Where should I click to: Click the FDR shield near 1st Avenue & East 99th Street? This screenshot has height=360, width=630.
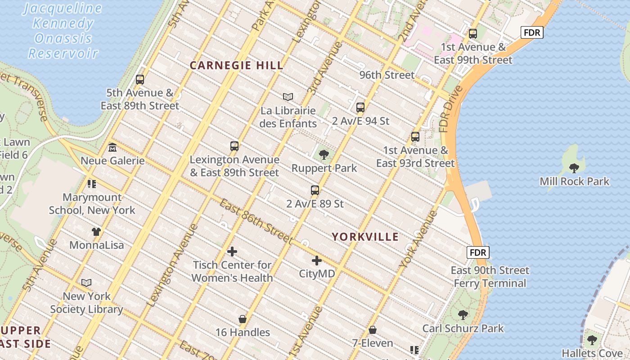tap(532, 32)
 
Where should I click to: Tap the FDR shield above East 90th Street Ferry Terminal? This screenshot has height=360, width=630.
tap(478, 252)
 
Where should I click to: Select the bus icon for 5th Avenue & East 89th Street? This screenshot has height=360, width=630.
tap(140, 80)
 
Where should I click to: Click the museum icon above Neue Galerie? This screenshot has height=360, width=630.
tap(112, 147)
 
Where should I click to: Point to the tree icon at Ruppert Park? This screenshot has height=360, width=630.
tap(324, 155)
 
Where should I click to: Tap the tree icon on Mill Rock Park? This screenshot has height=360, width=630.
tap(574, 168)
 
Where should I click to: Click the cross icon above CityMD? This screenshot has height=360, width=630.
tap(317, 260)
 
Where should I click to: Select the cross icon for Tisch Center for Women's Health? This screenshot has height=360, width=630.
tap(232, 252)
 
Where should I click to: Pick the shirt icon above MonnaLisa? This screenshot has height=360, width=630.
tap(96, 232)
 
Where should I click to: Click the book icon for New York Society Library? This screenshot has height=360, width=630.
tap(86, 283)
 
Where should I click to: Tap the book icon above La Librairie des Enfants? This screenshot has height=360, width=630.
tap(288, 97)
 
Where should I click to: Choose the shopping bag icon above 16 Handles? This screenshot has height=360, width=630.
tap(243, 319)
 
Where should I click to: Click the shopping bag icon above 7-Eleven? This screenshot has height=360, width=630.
tap(372, 330)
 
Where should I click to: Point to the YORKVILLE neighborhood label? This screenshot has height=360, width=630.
tap(365, 237)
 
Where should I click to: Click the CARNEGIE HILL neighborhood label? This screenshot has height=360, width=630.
tap(237, 65)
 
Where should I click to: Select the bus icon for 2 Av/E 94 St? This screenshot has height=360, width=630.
tap(360, 107)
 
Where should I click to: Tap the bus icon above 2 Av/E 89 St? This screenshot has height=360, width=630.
tap(315, 190)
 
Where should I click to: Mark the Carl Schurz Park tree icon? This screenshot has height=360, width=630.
tap(463, 315)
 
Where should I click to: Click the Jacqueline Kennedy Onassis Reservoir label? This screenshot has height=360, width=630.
tap(63, 31)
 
